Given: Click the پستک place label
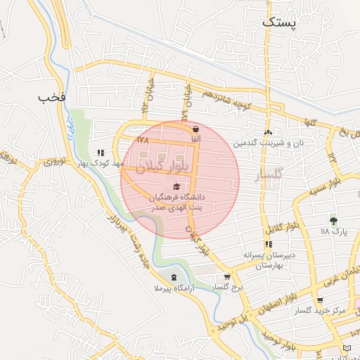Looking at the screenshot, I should (279, 22).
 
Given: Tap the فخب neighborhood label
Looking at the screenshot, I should (53, 96).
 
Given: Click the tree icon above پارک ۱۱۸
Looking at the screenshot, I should (333, 221).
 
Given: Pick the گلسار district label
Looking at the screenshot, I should (269, 173).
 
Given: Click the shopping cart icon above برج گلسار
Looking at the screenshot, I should (226, 277).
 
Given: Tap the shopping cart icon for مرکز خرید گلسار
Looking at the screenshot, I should (320, 300).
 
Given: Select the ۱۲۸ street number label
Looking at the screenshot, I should (143, 141).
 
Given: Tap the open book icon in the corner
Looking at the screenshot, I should (348, 348).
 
